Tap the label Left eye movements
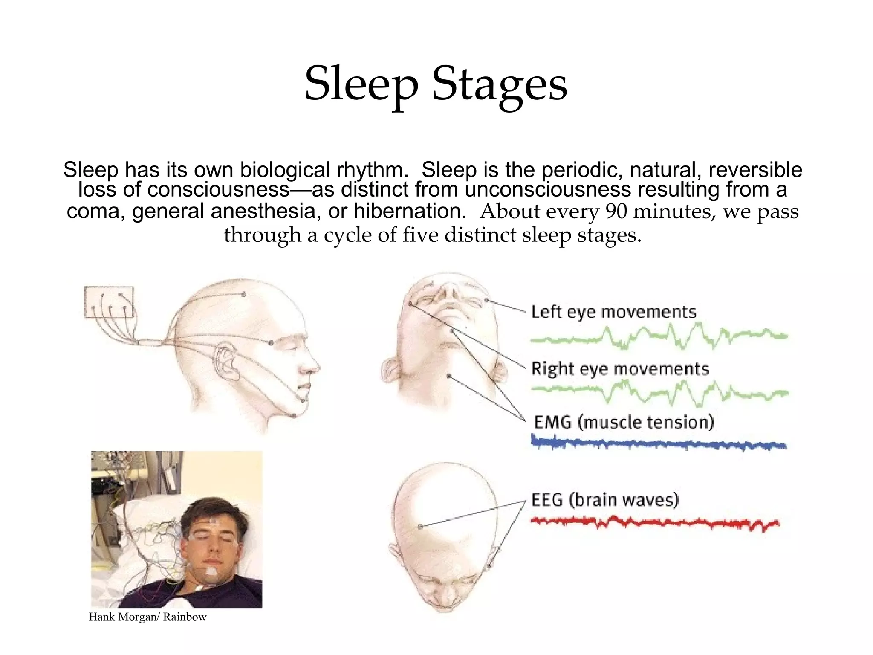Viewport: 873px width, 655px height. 613,312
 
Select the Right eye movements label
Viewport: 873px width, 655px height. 620,368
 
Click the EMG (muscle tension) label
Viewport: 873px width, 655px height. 624,422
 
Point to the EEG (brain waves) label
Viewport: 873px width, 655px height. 605,500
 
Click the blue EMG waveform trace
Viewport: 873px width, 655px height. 659,444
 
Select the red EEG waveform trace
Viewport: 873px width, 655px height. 654,522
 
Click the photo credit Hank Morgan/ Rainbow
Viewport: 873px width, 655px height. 147,617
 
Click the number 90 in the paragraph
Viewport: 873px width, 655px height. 616,212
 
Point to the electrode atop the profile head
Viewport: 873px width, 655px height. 243,294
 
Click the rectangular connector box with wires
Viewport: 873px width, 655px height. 110,302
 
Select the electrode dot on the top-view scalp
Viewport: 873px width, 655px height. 420,527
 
